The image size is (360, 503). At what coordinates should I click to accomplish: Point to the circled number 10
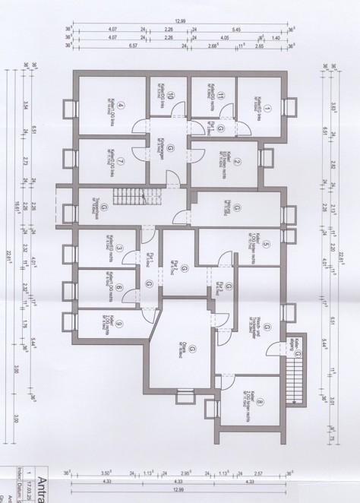point(171,96)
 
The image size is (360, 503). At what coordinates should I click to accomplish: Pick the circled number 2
point(237,161)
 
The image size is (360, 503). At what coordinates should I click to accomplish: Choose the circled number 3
point(120,248)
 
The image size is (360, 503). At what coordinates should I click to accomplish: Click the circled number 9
point(120,322)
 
